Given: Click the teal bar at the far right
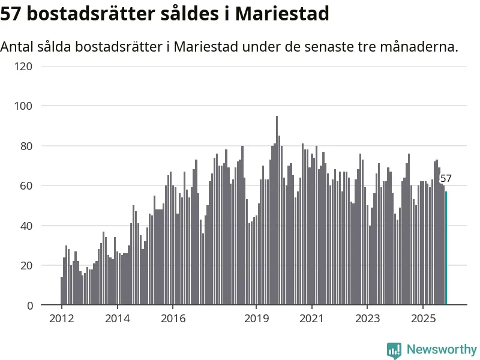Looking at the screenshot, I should click(446, 248).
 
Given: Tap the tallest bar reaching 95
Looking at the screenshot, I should click(277, 210).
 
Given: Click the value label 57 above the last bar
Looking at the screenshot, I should click(446, 178).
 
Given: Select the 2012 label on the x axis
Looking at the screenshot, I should click(62, 318).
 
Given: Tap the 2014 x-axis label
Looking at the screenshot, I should click(117, 318).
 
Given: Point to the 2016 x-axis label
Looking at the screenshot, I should click(173, 318).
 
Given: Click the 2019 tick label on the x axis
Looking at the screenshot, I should click(256, 318).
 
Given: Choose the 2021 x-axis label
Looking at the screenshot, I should click(312, 318).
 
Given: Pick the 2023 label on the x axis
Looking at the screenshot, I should click(367, 318).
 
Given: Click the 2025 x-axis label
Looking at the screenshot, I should click(423, 318).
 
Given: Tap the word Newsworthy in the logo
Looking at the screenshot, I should click(442, 349).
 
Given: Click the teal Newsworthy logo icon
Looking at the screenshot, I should click(394, 350).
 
